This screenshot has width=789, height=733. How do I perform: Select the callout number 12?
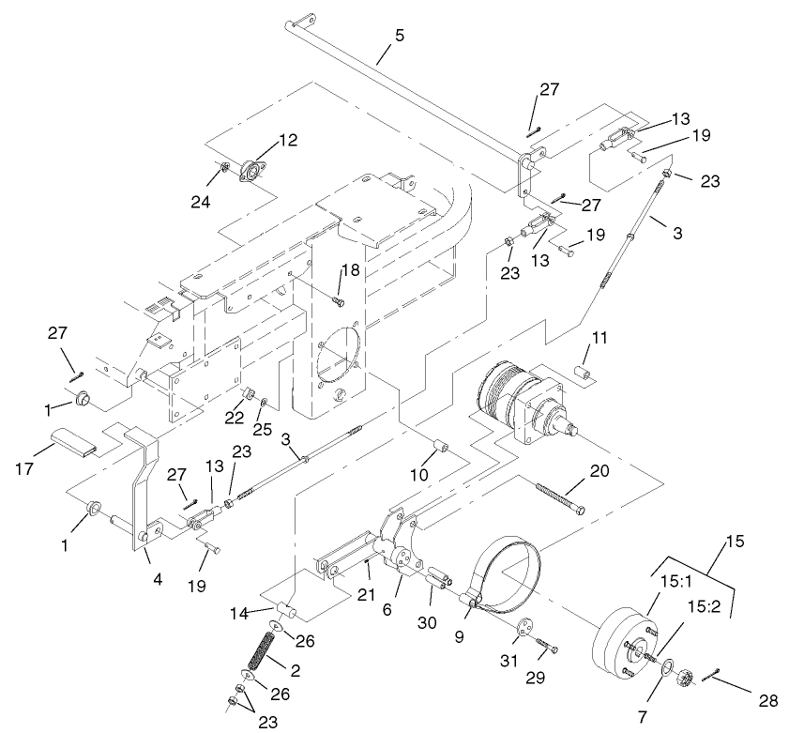(287, 141)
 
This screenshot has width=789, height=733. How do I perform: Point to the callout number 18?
(349, 270)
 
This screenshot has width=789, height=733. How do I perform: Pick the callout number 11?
(599, 336)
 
